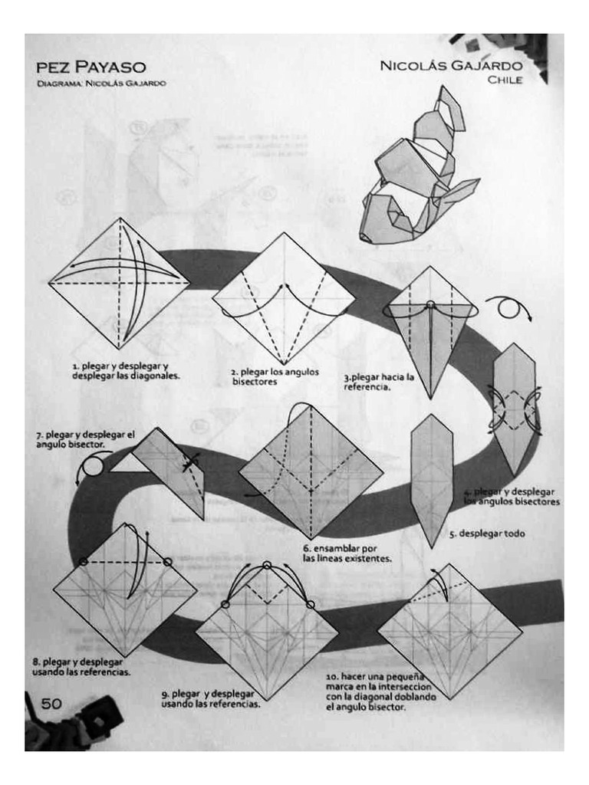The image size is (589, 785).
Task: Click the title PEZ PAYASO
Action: click(90, 68)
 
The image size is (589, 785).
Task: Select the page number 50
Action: click(51, 704)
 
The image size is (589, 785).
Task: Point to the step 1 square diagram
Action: click(119, 284)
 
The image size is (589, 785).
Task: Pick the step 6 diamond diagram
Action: click(311, 471)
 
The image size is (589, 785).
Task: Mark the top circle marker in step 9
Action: click(266, 566)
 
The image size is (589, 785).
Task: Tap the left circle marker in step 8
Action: click(84, 562)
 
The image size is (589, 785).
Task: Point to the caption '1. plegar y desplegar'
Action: click(126, 371)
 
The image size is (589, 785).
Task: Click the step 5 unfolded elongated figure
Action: click(432, 479)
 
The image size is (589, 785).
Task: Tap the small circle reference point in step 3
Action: click(430, 305)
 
